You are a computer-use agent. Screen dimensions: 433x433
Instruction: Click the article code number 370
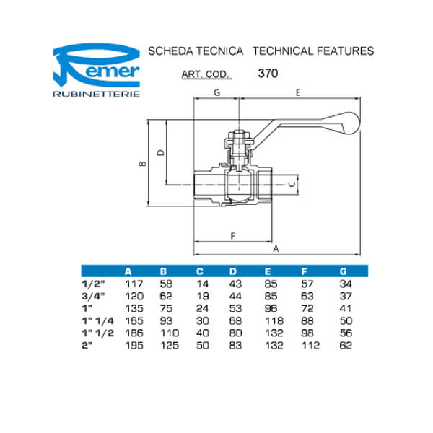click(268, 73)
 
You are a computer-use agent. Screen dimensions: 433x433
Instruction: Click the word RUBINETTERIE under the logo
click(98, 94)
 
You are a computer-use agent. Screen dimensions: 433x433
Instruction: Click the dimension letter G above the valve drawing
click(216, 93)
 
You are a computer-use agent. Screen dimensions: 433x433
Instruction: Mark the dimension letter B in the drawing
click(143, 164)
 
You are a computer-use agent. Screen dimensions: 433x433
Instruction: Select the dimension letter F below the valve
click(232, 236)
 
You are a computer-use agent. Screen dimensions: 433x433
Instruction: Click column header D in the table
click(232, 271)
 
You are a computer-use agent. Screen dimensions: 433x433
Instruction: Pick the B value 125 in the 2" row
click(167, 346)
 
